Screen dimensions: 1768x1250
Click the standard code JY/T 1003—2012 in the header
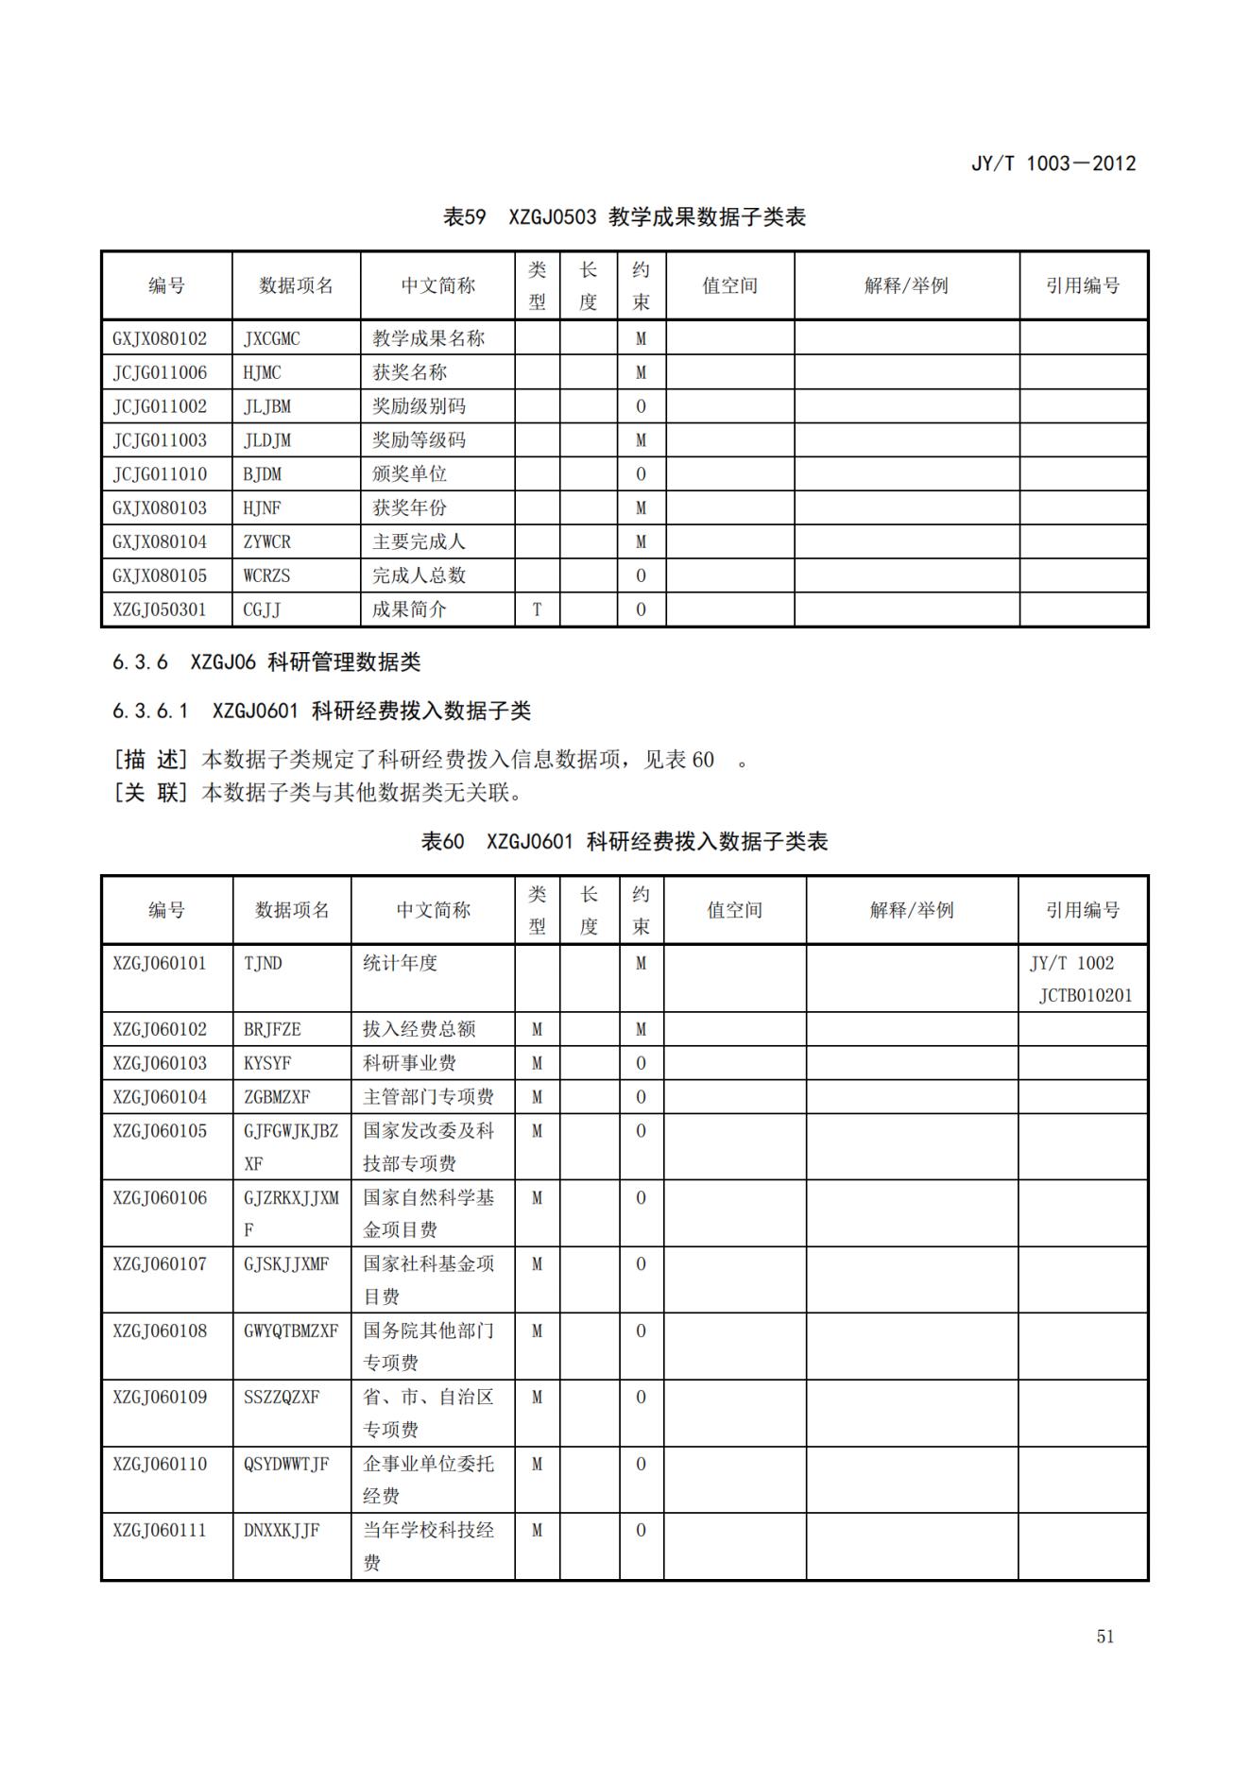pos(1053,163)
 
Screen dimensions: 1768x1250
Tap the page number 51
pos(1104,1637)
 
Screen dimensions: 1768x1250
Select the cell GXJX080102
pos(160,338)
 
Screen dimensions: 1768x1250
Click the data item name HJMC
pos(262,372)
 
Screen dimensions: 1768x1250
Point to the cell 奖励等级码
pos(419,440)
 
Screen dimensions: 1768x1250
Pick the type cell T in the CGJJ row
pos(537,609)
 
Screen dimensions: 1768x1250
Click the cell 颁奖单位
pos(409,474)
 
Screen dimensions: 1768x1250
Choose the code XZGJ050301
pos(160,609)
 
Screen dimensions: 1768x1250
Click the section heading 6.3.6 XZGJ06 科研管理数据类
pos(266,662)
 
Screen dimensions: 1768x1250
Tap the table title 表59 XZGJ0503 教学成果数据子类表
pos(624,217)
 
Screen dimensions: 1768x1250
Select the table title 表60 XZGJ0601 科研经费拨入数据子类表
pos(624,842)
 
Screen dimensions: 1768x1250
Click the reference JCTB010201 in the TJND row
pos(1085,995)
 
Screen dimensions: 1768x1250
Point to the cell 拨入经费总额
pos(419,1029)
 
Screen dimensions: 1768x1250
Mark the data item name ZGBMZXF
pos(277,1097)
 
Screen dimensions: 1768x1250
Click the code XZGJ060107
pos(160,1264)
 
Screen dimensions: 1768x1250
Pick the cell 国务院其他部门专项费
pos(428,1346)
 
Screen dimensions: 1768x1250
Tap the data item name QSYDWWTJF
pos(286,1464)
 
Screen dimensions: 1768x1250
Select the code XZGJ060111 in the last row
pos(160,1530)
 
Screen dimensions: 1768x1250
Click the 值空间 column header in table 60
pos(734,910)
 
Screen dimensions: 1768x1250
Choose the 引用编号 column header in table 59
pos(1083,285)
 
